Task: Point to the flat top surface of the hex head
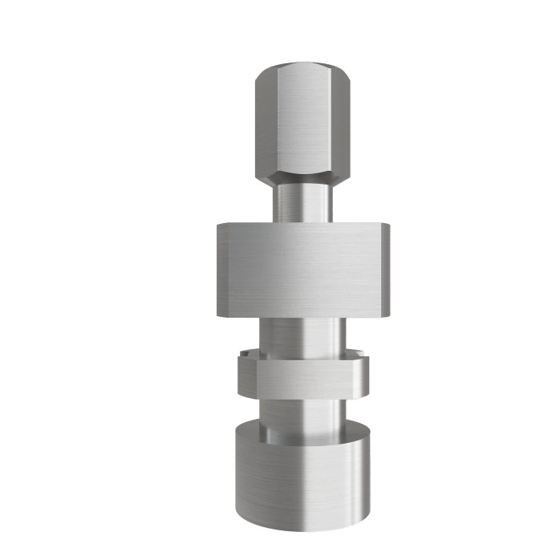pos(301,69)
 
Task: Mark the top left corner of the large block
pos(216,226)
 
